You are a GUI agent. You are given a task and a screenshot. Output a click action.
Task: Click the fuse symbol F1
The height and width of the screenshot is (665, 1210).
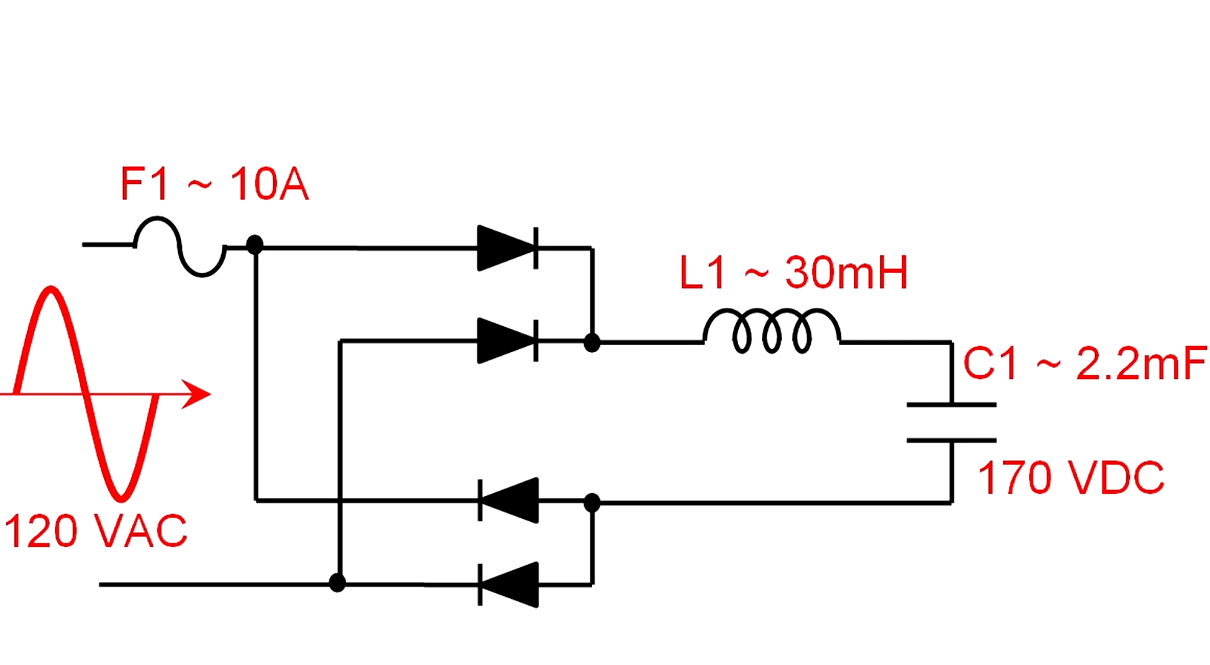180,247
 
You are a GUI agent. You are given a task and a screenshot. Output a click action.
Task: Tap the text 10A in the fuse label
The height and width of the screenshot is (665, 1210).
269,185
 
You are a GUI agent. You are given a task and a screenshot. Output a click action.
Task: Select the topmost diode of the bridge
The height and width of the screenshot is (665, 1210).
507,248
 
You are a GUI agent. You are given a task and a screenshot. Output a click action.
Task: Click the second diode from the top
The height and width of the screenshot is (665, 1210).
507,341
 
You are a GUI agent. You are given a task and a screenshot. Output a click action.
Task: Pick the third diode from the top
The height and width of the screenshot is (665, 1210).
509,500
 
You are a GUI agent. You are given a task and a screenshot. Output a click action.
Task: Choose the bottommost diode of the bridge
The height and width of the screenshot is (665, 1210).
509,585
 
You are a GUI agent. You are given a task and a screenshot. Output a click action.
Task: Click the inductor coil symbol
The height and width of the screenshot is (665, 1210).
772,331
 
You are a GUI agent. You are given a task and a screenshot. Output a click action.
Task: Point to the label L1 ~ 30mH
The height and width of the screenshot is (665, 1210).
793,273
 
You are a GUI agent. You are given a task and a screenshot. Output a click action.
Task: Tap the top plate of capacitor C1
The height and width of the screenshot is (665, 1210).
951,405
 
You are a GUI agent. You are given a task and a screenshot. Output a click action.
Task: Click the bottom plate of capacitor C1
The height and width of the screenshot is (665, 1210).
951,440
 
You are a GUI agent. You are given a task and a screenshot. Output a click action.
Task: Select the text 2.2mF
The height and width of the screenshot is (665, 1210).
1140,364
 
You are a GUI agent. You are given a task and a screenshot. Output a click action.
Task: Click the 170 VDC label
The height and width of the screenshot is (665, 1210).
1071,477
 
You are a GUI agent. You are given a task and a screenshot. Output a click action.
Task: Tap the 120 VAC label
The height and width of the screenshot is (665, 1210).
95,532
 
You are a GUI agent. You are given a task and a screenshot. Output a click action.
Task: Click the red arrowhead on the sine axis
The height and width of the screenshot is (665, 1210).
197,394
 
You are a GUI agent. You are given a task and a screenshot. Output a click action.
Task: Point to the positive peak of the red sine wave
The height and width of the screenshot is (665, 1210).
50,289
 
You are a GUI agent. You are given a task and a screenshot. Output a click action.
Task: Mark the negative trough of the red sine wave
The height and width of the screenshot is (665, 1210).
120,497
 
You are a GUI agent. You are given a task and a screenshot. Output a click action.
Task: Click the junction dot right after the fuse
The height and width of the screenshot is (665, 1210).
254,245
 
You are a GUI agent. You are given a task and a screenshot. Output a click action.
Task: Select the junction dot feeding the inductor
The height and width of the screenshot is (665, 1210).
591,343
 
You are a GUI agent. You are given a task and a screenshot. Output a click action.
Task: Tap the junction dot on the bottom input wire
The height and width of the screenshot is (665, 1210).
338,583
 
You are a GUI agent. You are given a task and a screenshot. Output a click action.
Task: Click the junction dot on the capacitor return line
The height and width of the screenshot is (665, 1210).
591,503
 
